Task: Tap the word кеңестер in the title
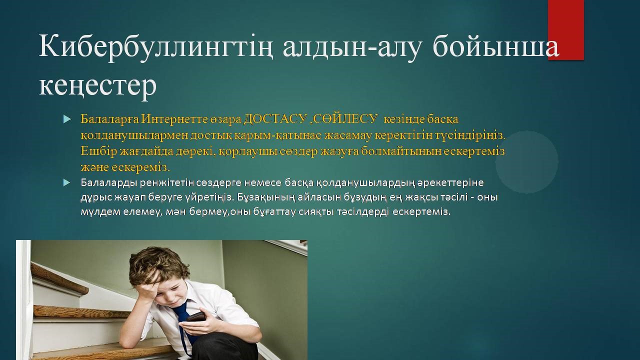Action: pos(97,85)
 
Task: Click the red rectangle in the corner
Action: pos(566,30)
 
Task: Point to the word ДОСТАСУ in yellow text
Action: pos(275,119)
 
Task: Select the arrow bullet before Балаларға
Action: pos(66,119)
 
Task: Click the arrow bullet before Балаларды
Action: pos(66,182)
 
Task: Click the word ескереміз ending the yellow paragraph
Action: pos(140,167)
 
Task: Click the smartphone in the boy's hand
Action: pos(195,317)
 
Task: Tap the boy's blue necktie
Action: pos(184,323)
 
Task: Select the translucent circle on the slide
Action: pos(527,162)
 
